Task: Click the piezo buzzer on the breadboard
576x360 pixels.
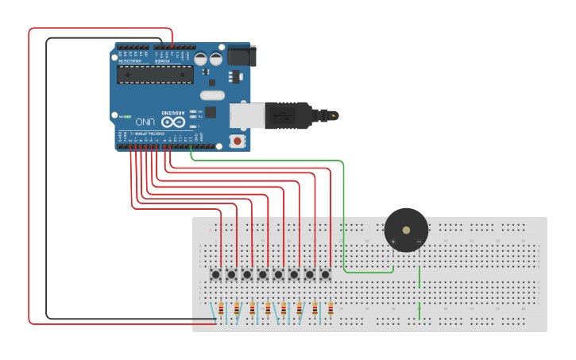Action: click(x=406, y=230)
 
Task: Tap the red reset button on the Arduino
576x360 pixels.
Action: click(x=236, y=141)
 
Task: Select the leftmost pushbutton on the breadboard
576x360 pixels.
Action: click(x=216, y=274)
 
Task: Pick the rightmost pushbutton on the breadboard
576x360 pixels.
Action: click(x=326, y=274)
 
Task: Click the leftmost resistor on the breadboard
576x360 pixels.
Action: click(x=220, y=309)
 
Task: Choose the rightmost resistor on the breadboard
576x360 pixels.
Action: click(x=331, y=309)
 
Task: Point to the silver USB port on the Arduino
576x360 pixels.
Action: click(x=243, y=114)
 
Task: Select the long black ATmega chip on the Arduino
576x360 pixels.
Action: click(x=155, y=74)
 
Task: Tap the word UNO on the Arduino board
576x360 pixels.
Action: click(x=145, y=122)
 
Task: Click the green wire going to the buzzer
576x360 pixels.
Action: click(x=344, y=215)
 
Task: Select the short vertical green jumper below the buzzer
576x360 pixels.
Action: click(x=419, y=278)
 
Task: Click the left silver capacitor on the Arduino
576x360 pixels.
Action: click(x=201, y=59)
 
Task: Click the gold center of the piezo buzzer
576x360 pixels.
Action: click(x=407, y=230)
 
